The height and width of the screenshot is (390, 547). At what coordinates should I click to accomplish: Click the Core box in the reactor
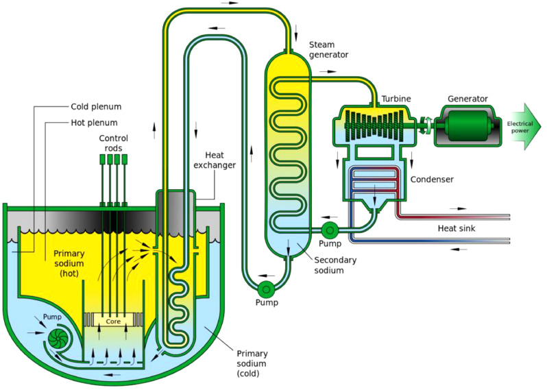113,320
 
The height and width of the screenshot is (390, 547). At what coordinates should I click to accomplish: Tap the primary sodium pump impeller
58,338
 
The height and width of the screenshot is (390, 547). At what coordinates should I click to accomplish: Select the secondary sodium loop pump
266,289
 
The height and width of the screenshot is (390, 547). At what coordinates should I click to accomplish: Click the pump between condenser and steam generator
328,230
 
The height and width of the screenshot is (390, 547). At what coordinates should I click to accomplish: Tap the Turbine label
396,99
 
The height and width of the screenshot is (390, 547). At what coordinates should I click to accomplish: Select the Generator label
467,99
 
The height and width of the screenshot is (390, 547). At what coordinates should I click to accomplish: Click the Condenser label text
432,180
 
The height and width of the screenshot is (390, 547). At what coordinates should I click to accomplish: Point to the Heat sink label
457,228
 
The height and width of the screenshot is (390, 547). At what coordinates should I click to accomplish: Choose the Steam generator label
328,49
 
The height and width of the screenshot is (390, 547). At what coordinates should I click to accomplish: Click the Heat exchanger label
215,160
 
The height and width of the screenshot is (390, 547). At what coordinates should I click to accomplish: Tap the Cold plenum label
96,106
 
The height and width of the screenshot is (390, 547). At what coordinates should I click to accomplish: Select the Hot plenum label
94,123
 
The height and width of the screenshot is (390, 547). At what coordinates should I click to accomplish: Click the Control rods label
113,143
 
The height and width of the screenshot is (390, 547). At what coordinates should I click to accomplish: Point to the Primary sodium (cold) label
252,363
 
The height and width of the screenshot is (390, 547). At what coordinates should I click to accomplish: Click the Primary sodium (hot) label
69,263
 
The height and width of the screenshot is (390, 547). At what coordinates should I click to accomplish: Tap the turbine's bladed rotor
374,125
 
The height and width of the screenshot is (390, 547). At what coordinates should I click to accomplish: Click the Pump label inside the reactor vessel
52,317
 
